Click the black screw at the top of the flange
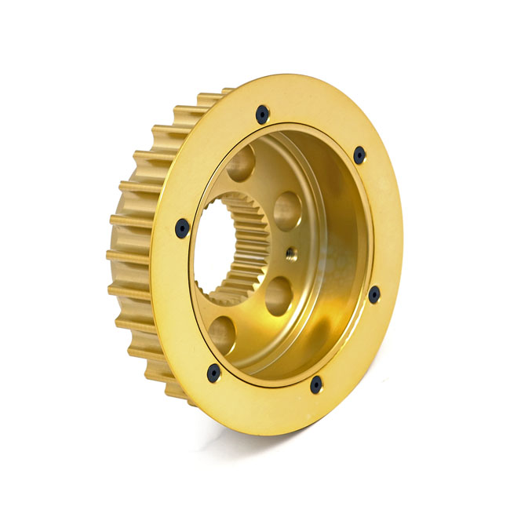[262, 115]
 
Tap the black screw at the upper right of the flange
[359, 155]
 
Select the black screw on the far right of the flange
[374, 295]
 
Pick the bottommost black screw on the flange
[315, 384]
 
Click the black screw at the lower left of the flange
[213, 373]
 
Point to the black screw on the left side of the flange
[182, 228]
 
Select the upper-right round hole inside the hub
[286, 211]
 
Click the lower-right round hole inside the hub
[279, 296]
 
